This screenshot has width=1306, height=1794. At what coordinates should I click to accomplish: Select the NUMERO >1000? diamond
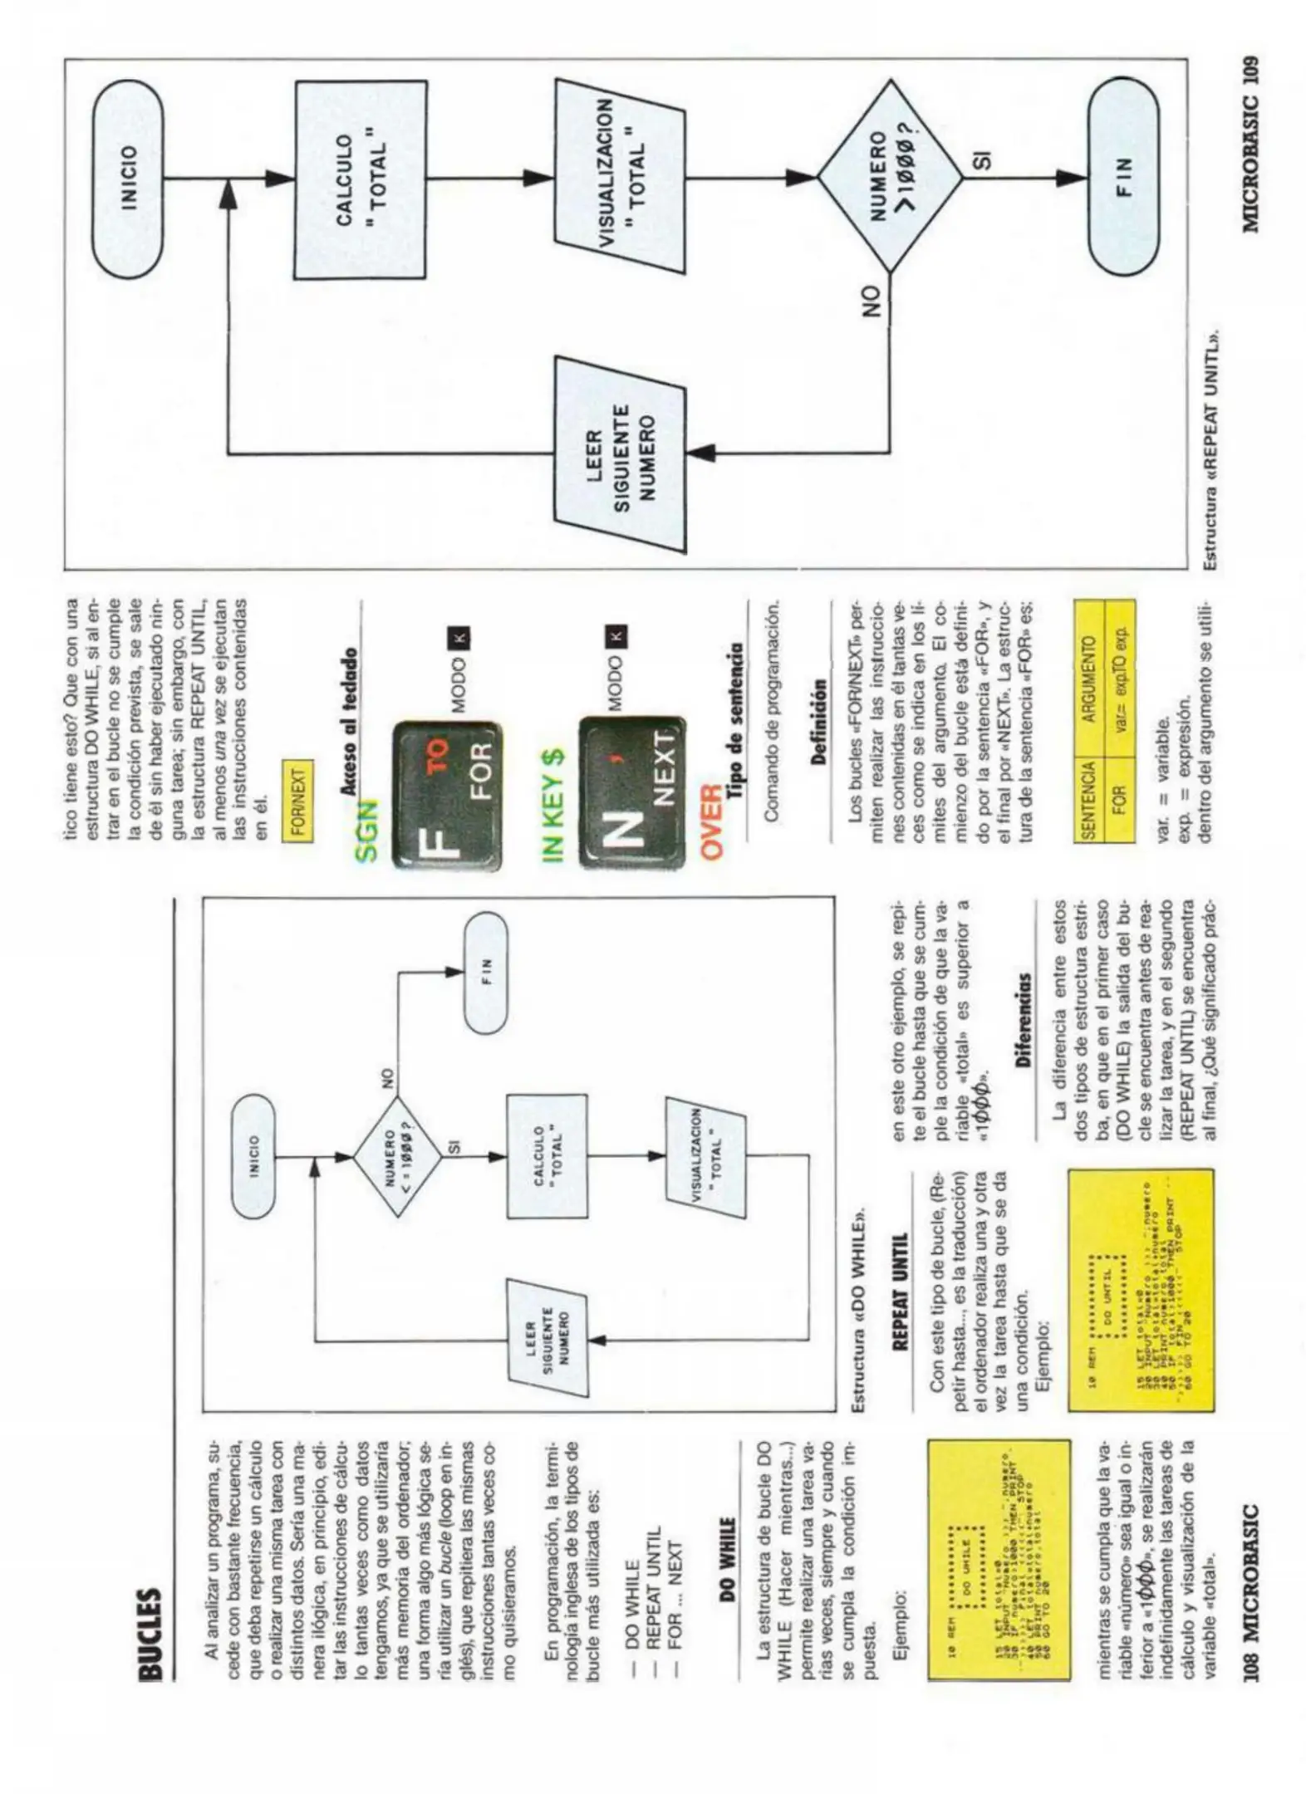tap(890, 179)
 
